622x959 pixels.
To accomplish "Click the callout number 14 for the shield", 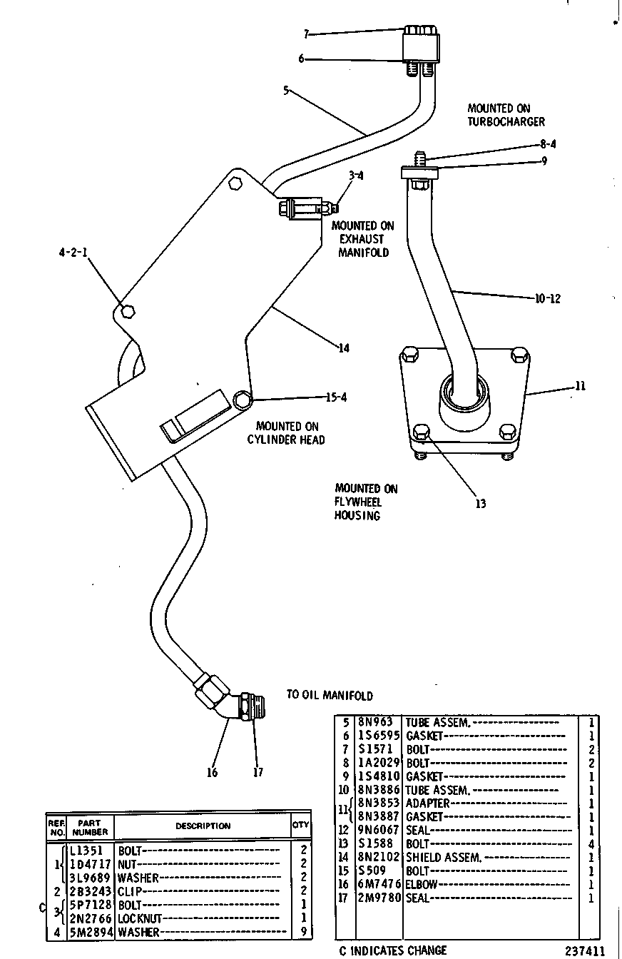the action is pyautogui.click(x=344, y=348).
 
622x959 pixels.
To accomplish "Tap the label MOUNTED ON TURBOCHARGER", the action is pyautogui.click(x=506, y=115).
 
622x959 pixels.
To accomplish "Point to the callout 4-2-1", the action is pyautogui.click(x=73, y=253).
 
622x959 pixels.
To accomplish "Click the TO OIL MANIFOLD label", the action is pyautogui.click(x=330, y=695).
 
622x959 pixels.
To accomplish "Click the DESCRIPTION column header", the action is pyautogui.click(x=203, y=826).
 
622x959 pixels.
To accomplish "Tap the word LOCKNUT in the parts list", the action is pyautogui.click(x=140, y=918).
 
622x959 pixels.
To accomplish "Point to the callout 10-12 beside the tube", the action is pyautogui.click(x=548, y=298).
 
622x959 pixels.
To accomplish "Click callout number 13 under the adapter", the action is pyautogui.click(x=481, y=504).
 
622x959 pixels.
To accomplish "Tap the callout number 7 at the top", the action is pyautogui.click(x=306, y=34).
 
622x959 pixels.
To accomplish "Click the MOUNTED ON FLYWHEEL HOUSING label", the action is pyautogui.click(x=366, y=502).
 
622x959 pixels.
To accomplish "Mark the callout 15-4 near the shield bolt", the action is pyautogui.click(x=336, y=397).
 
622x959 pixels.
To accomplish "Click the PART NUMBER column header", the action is pyautogui.click(x=90, y=827).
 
